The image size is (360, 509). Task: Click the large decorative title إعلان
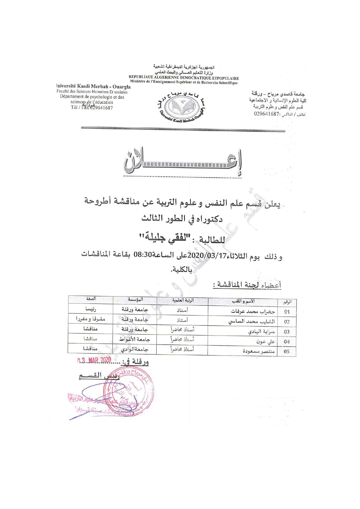tap(183, 163)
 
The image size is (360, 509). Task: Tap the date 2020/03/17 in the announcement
tap(207, 256)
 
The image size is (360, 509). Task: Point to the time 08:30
tap(142, 255)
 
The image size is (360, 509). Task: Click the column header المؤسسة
tap(135, 299)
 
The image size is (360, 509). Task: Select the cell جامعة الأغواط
tap(135, 339)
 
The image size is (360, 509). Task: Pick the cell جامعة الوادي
tap(135, 349)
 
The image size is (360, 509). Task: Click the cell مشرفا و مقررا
tap(91, 319)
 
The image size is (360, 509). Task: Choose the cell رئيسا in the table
tap(90, 309)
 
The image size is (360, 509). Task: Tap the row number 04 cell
tap(287, 342)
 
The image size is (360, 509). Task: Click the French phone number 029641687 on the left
tap(102, 108)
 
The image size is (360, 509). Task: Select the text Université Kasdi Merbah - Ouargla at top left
tap(93, 86)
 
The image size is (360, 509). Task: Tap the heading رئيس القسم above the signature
tap(99, 376)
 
